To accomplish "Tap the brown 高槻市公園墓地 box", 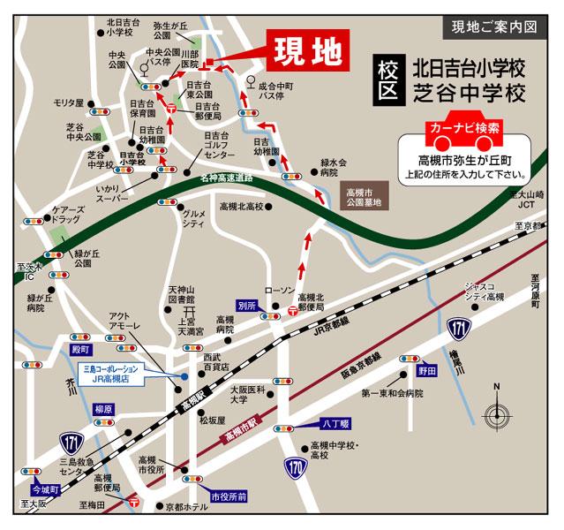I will (364, 198).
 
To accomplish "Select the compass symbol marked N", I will (498, 407).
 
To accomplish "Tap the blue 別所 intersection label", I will (247, 306).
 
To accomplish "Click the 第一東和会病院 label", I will (393, 390).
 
